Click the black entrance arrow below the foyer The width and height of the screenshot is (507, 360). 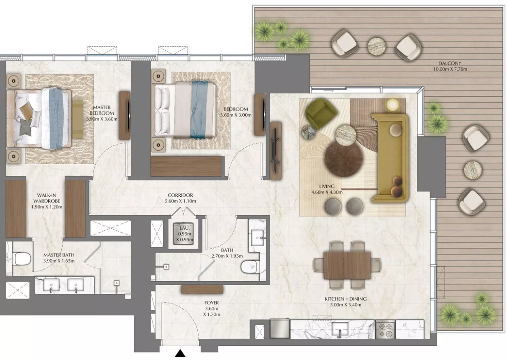pos(180,353)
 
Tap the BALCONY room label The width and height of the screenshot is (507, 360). pos(450,63)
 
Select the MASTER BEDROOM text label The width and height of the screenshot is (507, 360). pos(101,110)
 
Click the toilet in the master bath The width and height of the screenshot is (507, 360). pos(22,259)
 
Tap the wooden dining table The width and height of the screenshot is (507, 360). pos(347,265)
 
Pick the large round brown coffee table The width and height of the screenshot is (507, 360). pos(343,158)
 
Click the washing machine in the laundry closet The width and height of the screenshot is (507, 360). pos(183,234)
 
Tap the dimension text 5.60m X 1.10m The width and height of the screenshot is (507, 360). pos(180,201)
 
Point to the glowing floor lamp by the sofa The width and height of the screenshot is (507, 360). pos(393,105)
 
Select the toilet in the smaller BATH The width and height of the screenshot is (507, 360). pos(250,267)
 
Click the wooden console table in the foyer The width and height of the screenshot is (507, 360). pos(202,290)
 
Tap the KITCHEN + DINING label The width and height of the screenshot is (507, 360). pos(345,299)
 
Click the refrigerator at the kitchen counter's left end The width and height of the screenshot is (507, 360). pos(280,329)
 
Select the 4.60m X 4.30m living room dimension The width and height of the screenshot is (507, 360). pos(327,192)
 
